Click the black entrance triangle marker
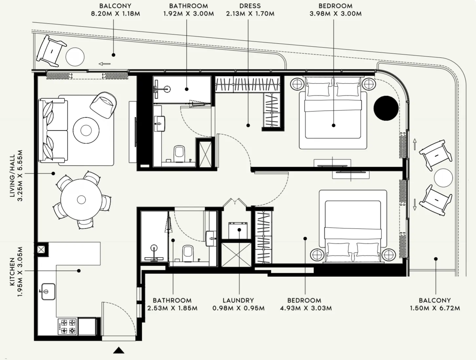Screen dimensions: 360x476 tap(119, 351)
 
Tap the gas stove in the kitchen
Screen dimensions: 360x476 tap(67, 327)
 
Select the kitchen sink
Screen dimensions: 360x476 tap(48, 292)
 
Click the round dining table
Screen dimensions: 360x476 tap(81, 199)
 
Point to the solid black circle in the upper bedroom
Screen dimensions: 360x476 tap(386, 108)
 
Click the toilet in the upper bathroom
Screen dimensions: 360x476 tap(179, 154)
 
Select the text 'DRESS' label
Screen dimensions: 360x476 tap(250, 6)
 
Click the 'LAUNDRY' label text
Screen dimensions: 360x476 tap(238, 300)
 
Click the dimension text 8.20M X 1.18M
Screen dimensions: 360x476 tap(115, 14)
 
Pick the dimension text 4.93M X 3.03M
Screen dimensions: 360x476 tap(306, 308)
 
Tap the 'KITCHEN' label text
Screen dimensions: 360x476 tap(12, 272)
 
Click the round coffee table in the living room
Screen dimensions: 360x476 tap(86, 130)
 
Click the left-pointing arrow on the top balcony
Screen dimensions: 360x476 tap(105, 64)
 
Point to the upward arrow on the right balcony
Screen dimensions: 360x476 tap(415, 144)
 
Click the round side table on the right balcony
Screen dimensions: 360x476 tap(443, 178)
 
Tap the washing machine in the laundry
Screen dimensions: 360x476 tap(239, 231)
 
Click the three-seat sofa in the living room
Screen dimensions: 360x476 tap(52, 131)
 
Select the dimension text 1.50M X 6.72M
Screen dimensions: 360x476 tap(435, 308)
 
